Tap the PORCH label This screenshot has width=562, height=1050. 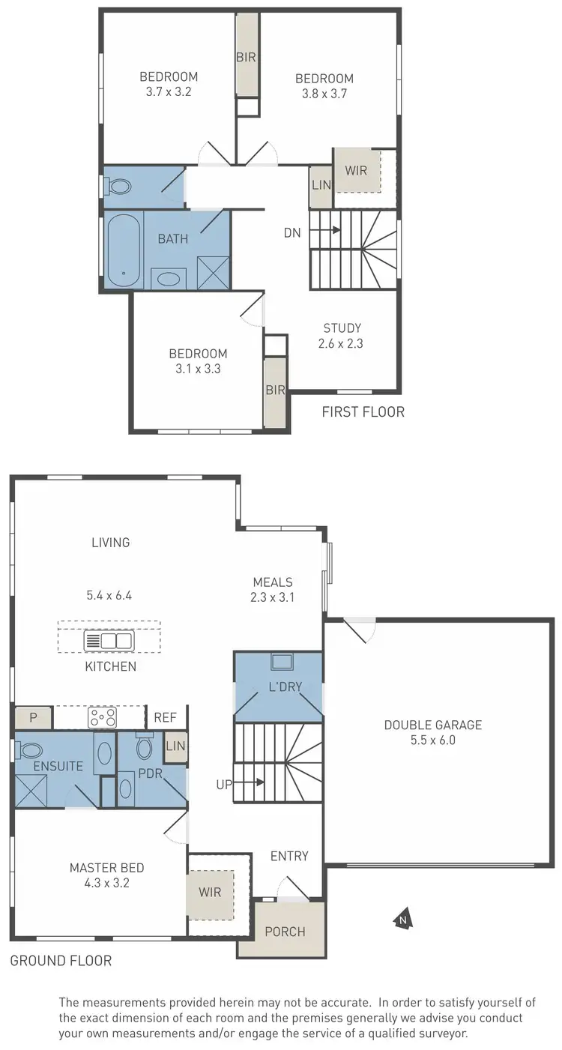coord(285,932)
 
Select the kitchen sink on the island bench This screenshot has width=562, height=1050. coord(109,641)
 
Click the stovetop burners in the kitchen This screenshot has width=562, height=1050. coord(102,717)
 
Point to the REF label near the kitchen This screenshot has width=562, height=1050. coord(165,717)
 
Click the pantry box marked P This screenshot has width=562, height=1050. coord(33,717)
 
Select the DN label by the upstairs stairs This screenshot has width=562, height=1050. coord(292,233)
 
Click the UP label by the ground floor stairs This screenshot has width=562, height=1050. coord(224,784)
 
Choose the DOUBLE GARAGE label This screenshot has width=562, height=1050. coord(433,725)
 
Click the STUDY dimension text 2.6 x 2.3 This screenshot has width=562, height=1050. coord(342,344)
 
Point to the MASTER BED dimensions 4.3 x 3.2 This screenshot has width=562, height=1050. coord(107,884)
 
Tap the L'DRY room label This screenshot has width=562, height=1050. coord(278,687)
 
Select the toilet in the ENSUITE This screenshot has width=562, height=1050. coord(31,749)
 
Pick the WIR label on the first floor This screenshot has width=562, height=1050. coord(357,170)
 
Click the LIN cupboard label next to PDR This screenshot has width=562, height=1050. coord(175,746)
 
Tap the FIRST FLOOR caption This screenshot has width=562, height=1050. coord(363,411)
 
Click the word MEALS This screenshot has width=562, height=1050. coord(272,582)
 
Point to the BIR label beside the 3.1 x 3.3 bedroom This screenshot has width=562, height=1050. coord(275,390)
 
